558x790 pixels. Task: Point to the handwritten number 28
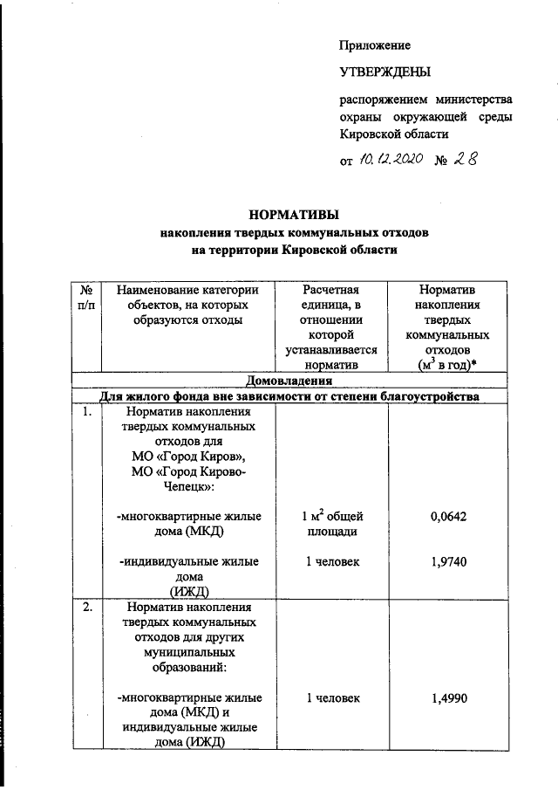[466, 159]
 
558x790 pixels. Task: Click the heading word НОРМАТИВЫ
[294, 214]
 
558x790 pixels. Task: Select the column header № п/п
[87, 298]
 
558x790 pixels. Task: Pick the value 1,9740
[448, 562]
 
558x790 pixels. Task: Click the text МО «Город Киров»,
[186, 457]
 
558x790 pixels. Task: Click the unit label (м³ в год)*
[448, 365]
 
